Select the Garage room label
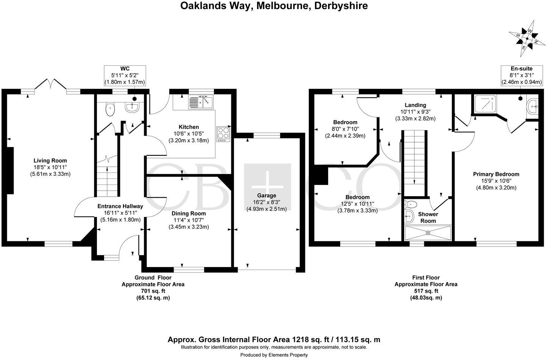266,196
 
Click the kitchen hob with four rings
223,134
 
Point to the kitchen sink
201,101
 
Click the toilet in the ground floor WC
111,110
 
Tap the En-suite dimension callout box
522,75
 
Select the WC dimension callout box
125,75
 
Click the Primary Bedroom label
496,174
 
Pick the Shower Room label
428,217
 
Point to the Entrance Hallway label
120,206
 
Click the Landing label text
415,105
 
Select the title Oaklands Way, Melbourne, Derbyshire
274,6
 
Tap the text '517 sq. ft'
426,291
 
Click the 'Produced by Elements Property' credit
274,355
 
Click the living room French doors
51,85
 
